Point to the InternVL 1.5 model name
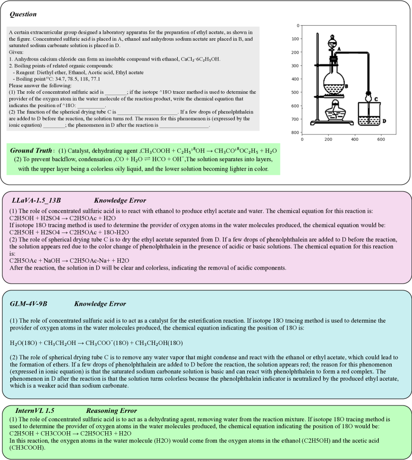[x=32, y=410]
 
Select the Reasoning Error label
[x=112, y=410]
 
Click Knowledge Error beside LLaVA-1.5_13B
[x=120, y=200]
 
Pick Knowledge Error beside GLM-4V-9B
[x=100, y=303]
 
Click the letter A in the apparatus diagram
[x=339, y=49]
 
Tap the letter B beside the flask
[x=346, y=86]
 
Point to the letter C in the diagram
[x=376, y=99]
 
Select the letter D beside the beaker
[x=384, y=120]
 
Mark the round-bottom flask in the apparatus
[x=334, y=83]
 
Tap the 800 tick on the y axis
[x=296, y=132]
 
